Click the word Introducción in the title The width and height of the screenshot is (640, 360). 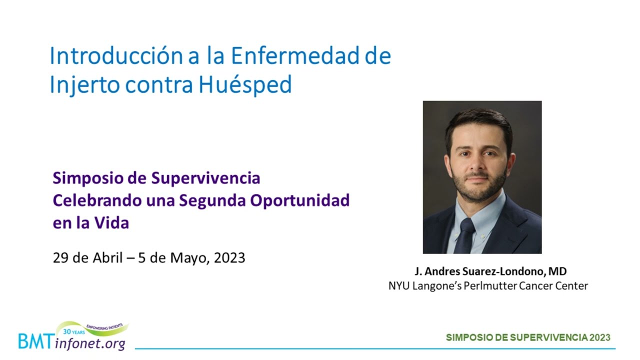[116, 55]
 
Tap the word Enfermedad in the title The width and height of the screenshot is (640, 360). [295, 55]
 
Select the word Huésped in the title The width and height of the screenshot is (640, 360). [245, 85]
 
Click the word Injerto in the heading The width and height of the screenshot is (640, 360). [84, 85]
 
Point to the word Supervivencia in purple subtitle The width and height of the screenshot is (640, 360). [205, 178]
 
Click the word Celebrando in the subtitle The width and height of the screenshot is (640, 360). [97, 200]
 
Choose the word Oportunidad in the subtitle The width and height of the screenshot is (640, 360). [300, 201]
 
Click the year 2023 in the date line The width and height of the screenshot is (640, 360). [229, 257]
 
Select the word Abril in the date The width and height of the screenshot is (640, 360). [107, 257]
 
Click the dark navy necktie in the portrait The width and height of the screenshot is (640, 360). [465, 235]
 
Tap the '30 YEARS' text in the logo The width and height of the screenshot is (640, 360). [74, 331]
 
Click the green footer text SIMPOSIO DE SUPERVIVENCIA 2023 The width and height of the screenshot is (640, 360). [528, 337]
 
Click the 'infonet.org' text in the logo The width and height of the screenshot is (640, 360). [90, 343]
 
